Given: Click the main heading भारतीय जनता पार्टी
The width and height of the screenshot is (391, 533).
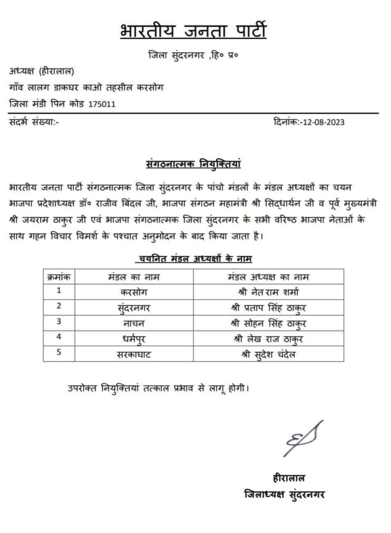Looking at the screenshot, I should click(193, 31).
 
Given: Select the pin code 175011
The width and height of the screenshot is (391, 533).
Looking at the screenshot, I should click(102, 104).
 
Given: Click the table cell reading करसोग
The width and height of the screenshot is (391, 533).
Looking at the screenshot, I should click(134, 292).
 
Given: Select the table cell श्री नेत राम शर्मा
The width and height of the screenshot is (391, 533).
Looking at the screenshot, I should click(268, 292).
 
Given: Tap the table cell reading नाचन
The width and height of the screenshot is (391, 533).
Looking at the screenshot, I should click(134, 323).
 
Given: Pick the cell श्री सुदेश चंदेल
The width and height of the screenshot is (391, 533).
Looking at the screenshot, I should click(268, 354).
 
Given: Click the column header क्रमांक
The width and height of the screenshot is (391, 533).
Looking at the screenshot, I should click(59, 277).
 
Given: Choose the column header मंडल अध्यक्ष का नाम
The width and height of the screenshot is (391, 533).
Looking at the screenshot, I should click(268, 277).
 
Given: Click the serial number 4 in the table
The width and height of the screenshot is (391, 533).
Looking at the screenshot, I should click(59, 338).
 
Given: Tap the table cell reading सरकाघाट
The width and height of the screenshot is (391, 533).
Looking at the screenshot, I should click(134, 354).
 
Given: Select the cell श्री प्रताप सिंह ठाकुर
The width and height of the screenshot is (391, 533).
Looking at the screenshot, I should click(268, 307).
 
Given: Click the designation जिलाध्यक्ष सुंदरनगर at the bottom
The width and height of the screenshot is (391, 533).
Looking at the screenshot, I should click(285, 494).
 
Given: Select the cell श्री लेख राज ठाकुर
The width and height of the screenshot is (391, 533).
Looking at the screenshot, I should click(268, 339).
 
